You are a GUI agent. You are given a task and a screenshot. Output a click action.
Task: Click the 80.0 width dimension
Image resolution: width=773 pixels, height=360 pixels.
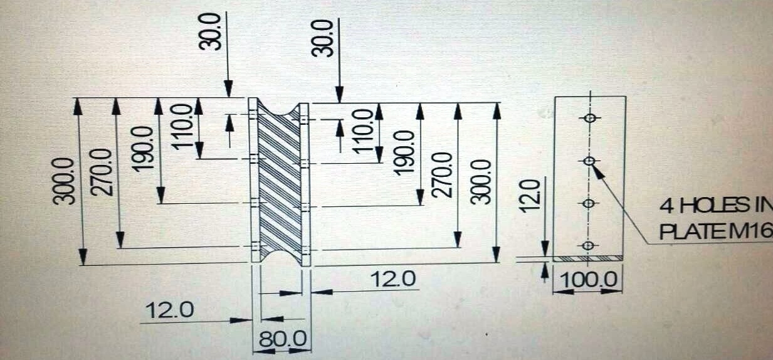(282, 339)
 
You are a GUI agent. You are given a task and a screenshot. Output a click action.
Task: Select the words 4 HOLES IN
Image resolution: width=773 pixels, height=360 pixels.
(716, 206)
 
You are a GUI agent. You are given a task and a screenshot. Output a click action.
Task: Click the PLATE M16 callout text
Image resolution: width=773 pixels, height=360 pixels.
(716, 231)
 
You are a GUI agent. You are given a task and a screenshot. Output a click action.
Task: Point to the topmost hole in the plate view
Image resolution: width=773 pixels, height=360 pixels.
(591, 118)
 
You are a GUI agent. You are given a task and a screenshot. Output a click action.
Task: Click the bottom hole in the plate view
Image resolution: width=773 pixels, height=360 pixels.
(589, 245)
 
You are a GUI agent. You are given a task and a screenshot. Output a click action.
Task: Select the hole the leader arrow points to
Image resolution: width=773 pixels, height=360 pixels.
(589, 161)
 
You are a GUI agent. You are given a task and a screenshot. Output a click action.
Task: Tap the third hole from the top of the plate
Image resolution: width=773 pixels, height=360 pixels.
(589, 203)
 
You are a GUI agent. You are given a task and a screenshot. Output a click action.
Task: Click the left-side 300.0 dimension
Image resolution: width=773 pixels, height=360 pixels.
(63, 181)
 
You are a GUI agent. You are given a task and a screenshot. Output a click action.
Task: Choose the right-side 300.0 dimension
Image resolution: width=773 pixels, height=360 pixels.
(481, 182)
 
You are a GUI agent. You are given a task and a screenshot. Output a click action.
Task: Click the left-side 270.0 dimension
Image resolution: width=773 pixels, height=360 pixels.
(102, 172)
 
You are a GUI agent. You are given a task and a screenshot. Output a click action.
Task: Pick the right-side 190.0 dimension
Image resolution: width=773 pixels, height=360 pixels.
(404, 153)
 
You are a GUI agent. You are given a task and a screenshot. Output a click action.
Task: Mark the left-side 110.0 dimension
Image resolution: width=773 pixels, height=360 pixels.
(182, 127)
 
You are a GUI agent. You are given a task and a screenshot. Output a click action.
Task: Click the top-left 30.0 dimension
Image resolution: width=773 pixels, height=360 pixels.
(210, 32)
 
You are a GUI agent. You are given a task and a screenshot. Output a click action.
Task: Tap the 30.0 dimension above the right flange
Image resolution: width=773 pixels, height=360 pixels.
(322, 38)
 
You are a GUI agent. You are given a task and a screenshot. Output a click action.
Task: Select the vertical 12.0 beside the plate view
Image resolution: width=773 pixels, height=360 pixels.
(530, 196)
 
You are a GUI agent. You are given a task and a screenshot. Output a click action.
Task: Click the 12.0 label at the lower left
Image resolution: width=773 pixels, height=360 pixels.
(169, 310)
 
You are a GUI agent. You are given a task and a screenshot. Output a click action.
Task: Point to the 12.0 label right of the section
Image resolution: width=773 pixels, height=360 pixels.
(394, 279)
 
